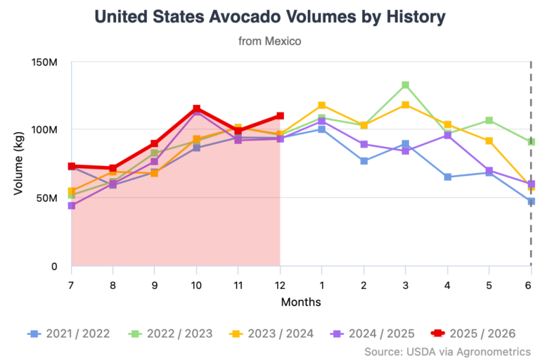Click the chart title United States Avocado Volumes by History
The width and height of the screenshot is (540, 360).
click(x=270, y=16)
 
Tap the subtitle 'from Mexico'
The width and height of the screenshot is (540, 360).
click(x=270, y=41)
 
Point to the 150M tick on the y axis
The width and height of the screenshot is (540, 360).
click(x=44, y=62)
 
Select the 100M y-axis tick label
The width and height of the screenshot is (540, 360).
click(x=44, y=130)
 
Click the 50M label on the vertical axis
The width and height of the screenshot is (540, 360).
click(x=46, y=198)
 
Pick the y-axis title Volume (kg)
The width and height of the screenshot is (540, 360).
click(x=19, y=163)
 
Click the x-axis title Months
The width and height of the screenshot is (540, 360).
click(x=301, y=302)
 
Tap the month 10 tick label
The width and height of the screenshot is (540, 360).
click(x=196, y=285)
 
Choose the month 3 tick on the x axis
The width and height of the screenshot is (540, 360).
click(x=405, y=285)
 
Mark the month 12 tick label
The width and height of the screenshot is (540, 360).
click(x=280, y=285)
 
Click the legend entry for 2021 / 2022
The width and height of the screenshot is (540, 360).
click(x=68, y=333)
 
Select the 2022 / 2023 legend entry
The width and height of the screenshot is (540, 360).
click(x=171, y=333)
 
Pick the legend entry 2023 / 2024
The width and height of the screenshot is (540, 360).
click(x=273, y=333)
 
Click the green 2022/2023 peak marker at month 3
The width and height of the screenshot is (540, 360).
click(x=405, y=85)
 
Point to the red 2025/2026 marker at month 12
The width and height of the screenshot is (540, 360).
click(x=280, y=115)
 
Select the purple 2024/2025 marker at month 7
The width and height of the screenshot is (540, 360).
click(x=71, y=205)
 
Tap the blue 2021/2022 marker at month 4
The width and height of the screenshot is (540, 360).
click(x=447, y=176)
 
